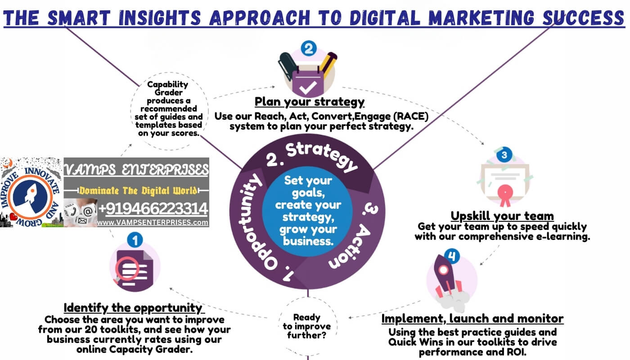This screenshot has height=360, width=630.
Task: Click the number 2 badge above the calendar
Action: click(308, 48)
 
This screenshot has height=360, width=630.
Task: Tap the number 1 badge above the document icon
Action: click(135, 240)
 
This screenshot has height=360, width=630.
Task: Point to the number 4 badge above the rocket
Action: click(452, 257)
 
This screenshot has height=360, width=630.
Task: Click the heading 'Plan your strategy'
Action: click(310, 101)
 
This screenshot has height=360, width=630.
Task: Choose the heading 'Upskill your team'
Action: click(502, 216)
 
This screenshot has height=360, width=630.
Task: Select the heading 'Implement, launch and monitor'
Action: click(472, 319)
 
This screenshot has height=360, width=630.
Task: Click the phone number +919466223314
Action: click(153, 209)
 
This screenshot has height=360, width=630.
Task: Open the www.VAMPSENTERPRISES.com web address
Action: click(153, 222)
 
